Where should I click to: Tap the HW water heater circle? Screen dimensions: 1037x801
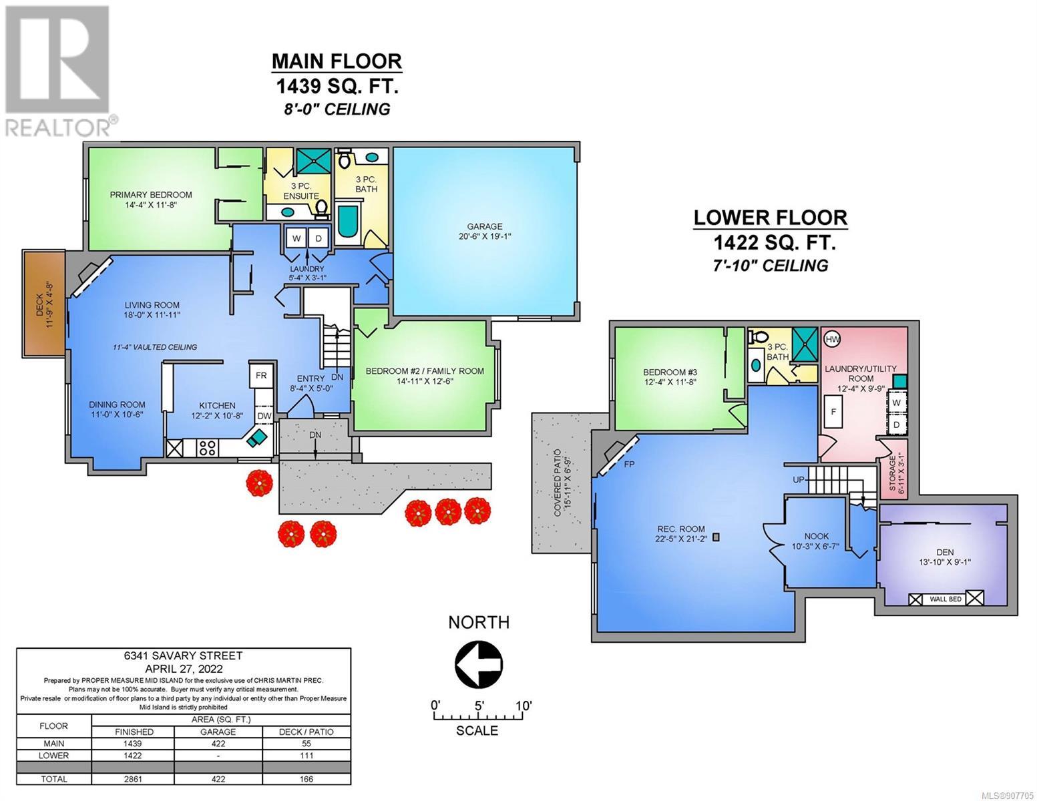(x=832, y=339)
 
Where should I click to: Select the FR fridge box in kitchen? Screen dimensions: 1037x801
(x=260, y=375)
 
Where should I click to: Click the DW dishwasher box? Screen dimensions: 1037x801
(x=264, y=416)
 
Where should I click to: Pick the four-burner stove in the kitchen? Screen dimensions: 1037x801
(x=208, y=447)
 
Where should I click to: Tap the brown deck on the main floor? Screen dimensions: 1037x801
(x=43, y=304)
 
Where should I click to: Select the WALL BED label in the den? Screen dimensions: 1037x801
(x=946, y=599)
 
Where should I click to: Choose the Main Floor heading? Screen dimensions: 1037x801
(x=337, y=61)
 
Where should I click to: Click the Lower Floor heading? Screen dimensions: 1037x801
(x=770, y=218)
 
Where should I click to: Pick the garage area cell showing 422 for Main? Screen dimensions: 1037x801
(x=218, y=744)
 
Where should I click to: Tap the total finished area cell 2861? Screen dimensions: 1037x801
(x=132, y=779)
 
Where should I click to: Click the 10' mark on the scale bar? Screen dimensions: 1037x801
(x=523, y=705)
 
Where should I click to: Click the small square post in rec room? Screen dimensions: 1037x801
(x=715, y=537)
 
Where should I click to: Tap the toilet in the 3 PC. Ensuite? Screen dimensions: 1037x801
(x=322, y=208)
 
